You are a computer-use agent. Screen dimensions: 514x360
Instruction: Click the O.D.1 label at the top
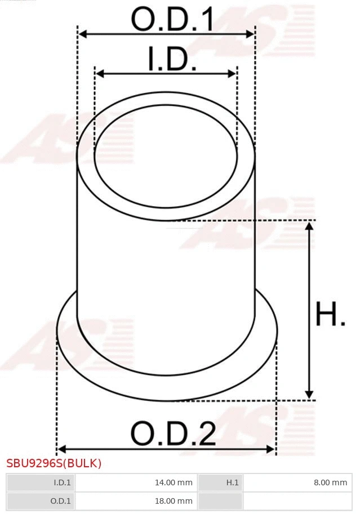coord(172,19)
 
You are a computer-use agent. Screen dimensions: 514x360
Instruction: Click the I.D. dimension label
coord(172,59)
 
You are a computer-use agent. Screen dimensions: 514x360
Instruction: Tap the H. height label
coord(330,315)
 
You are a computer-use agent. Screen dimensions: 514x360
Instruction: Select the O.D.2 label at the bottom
coord(173,434)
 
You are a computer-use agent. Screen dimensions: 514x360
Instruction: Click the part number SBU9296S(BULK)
coord(54,464)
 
